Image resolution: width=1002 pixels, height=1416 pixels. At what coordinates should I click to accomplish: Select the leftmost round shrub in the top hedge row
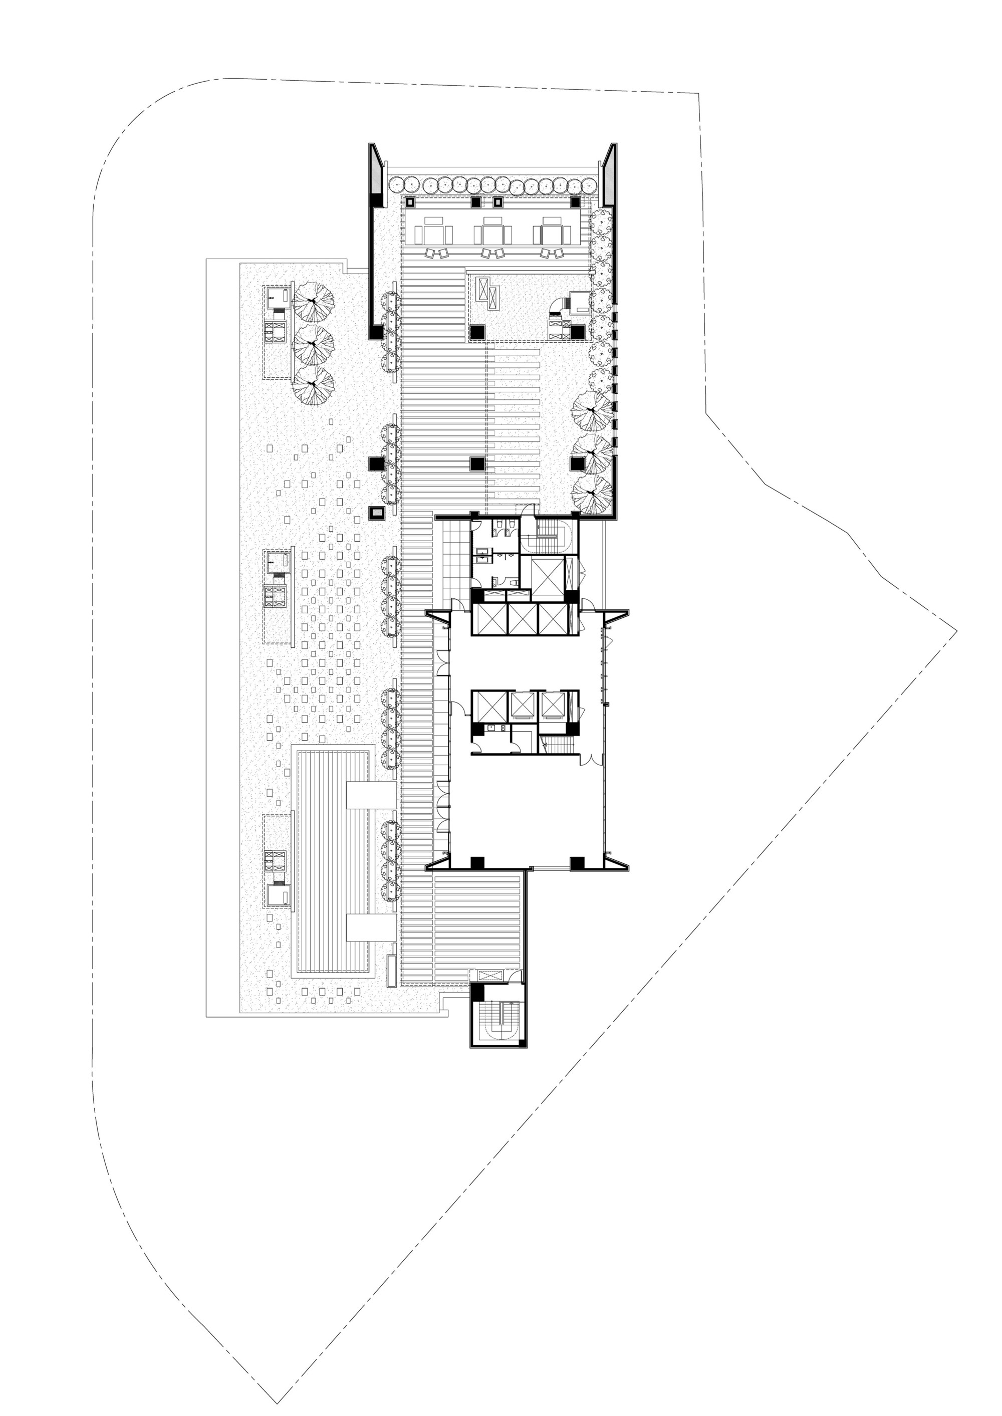pos(397,184)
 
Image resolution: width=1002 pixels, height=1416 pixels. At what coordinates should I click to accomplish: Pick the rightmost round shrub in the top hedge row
pos(591,184)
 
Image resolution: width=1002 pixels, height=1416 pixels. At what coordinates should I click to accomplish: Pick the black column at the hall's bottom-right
pos(576,863)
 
